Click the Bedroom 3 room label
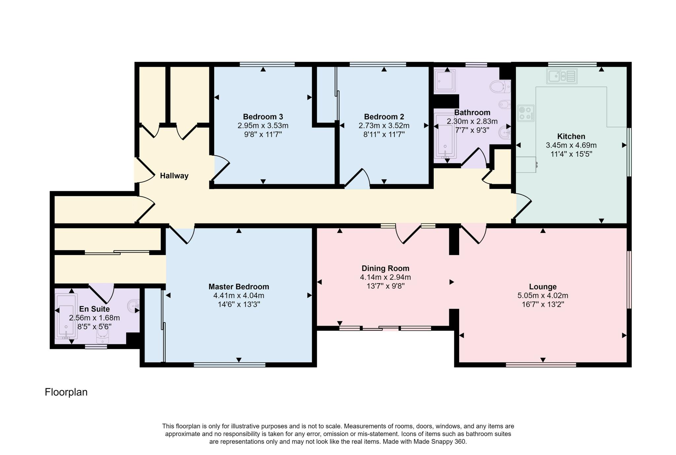[263, 117]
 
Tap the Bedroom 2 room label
[384, 117]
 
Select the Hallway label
[174, 176]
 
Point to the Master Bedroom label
[239, 287]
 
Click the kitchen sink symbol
[562, 76]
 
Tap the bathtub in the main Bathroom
[445, 136]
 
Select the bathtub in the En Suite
[66, 316]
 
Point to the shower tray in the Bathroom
[445, 81]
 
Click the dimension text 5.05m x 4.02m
[543, 296]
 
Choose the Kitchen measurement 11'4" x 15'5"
[571, 154]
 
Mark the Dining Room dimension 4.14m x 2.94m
[385, 277]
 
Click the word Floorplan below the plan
[66, 392]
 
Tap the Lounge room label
[543, 287]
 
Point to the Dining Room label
[385, 268]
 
